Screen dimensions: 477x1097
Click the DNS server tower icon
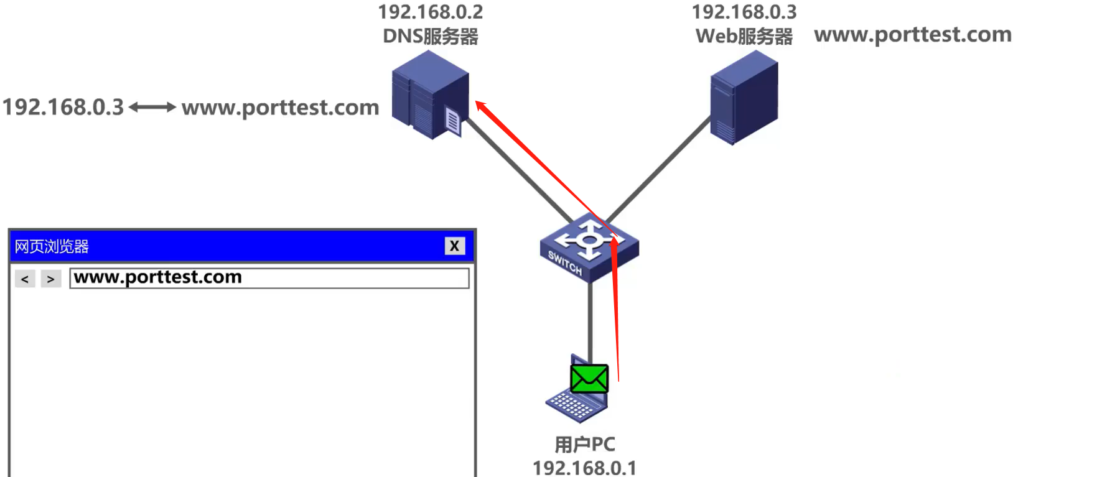tap(429, 93)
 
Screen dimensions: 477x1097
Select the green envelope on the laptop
tap(589, 378)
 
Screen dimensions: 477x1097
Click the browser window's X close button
tap(454, 246)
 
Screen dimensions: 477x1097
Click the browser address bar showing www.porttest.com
tap(269, 277)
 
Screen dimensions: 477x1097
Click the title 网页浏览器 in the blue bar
tap(52, 247)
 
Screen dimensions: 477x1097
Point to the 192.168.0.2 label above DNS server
tap(430, 12)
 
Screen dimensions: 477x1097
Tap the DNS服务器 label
tap(430, 36)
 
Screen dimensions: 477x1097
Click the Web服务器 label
tap(744, 36)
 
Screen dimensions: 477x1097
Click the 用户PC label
tap(584, 445)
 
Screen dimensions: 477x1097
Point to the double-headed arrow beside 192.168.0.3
tap(152, 108)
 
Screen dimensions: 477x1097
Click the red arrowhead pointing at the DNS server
tap(481, 106)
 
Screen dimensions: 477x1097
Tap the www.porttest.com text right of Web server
tap(912, 35)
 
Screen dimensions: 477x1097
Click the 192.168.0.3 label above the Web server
tap(744, 12)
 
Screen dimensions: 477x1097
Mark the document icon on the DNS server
tap(453, 121)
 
